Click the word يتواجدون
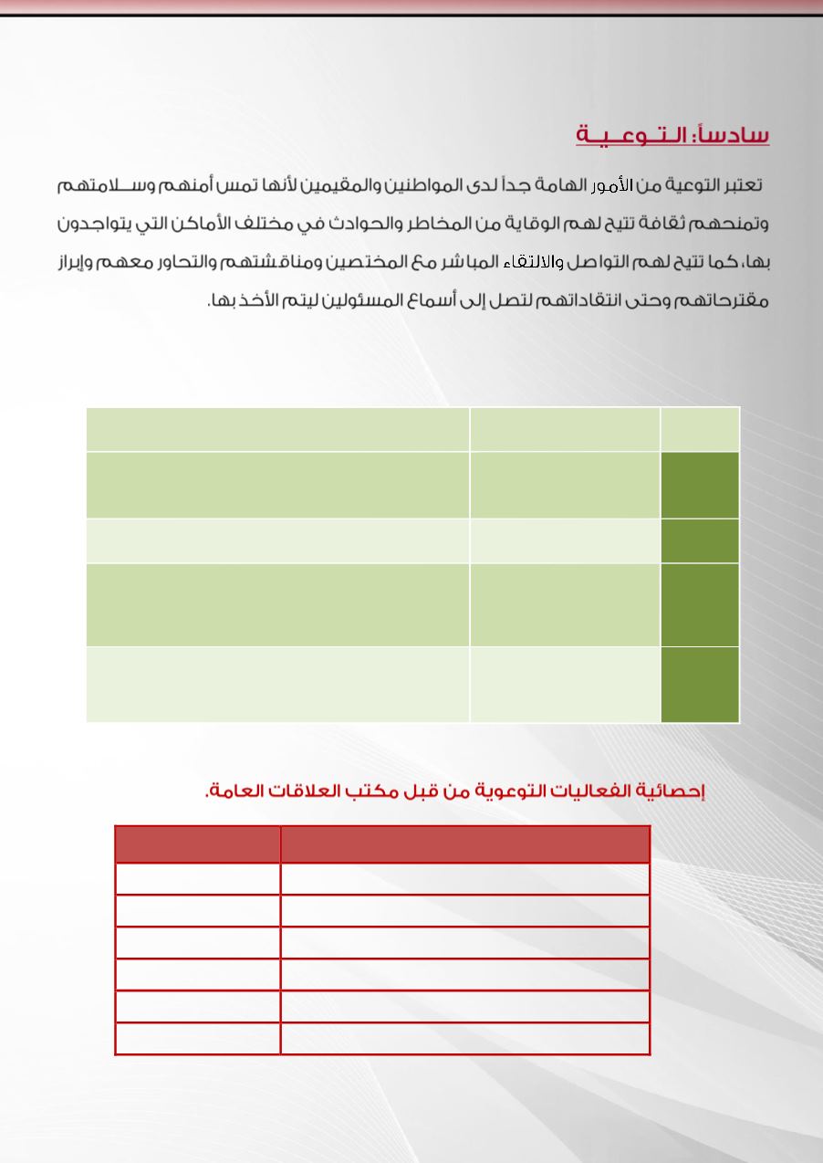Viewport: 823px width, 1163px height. click(83, 224)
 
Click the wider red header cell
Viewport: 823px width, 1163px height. click(465, 844)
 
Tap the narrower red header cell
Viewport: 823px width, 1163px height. click(198, 844)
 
